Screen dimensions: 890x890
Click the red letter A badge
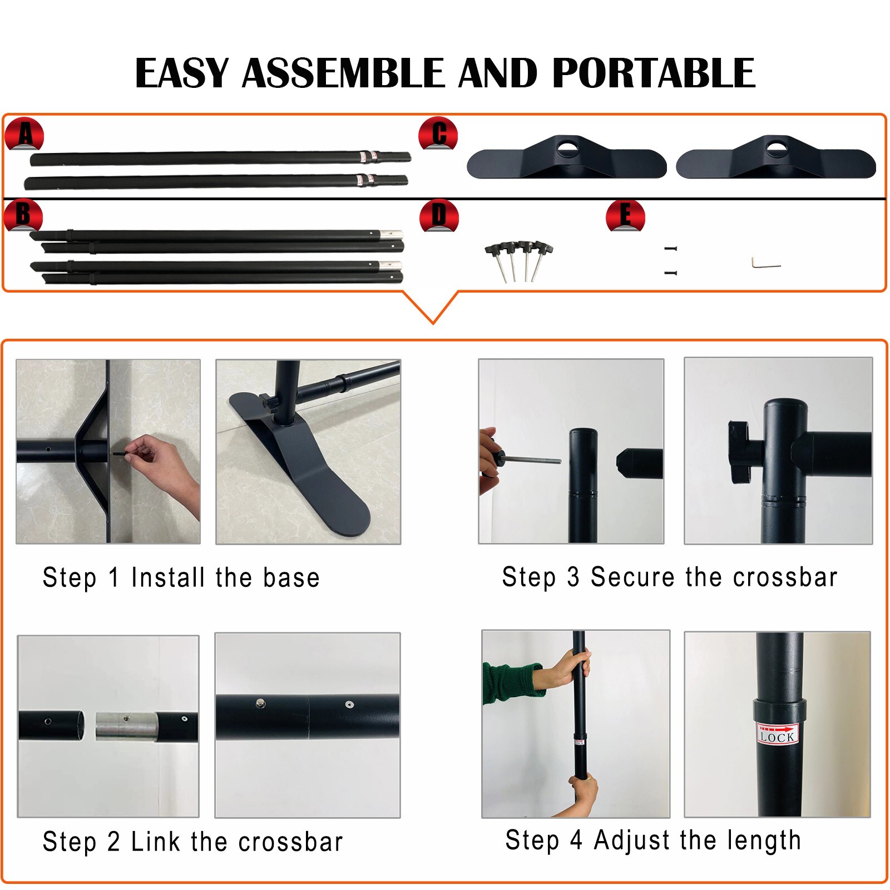point(24,134)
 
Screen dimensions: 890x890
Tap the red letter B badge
point(23,215)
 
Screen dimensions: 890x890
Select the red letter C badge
point(438,134)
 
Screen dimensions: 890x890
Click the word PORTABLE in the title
point(654,73)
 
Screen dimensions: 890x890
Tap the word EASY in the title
point(182,73)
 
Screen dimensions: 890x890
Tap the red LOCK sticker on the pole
point(777,734)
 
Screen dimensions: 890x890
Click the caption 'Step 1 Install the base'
point(181,577)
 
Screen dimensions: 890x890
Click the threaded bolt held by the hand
point(532,460)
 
